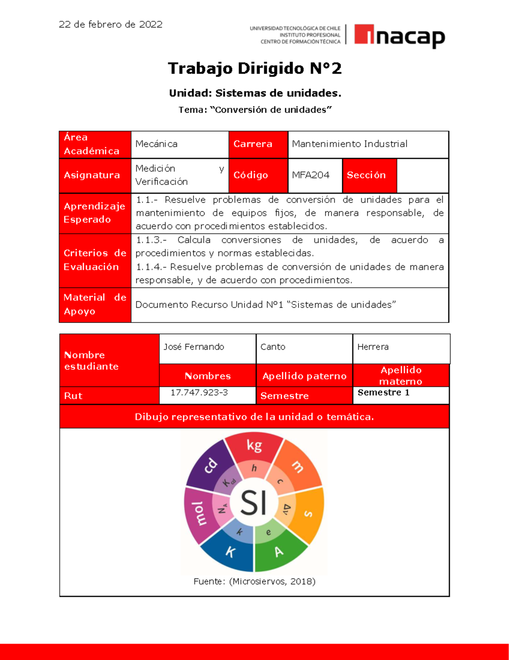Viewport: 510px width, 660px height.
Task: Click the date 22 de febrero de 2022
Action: (110, 25)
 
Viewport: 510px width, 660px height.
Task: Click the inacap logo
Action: (399, 36)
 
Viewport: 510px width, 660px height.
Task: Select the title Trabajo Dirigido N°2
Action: (255, 68)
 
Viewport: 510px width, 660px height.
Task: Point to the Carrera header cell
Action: (258, 144)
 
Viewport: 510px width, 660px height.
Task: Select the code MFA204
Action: (311, 175)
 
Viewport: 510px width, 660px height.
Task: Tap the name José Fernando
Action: (194, 347)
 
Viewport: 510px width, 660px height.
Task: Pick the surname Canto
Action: (273, 347)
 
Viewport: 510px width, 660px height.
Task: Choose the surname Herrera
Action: (373, 347)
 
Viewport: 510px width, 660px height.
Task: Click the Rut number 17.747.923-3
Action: (199, 393)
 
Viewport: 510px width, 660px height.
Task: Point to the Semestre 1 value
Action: (383, 393)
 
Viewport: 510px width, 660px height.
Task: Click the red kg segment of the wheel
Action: (254, 446)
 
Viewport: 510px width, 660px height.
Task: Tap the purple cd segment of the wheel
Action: (210, 465)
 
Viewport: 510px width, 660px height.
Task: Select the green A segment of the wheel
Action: (279, 552)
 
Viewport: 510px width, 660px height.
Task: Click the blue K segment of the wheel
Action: (230, 552)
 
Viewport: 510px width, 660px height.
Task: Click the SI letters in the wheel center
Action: (254, 503)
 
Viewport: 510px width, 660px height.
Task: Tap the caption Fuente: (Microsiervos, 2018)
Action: (254, 581)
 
